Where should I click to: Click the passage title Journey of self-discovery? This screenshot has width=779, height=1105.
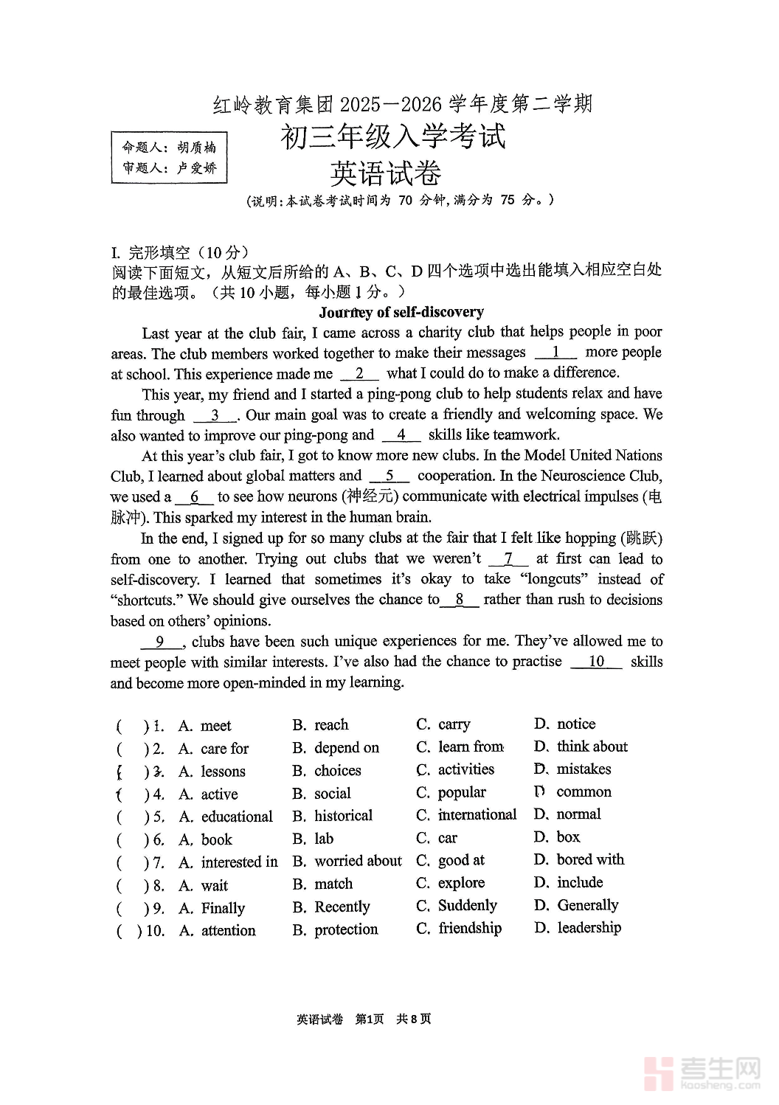click(x=401, y=312)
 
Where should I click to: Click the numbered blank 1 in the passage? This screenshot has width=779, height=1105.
click(x=555, y=353)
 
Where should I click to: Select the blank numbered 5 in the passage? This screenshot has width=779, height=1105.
click(x=389, y=477)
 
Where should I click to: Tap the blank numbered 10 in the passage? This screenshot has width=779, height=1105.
click(x=596, y=662)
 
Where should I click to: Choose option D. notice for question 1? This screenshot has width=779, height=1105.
click(x=565, y=724)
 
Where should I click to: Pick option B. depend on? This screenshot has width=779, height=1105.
click(x=336, y=748)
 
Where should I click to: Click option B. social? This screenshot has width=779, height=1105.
click(x=322, y=794)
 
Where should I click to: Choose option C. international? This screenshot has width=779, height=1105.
click(x=466, y=815)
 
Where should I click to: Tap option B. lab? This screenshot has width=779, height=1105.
click(x=314, y=839)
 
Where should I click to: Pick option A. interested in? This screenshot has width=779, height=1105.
click(x=229, y=862)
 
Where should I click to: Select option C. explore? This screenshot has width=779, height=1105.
click(x=451, y=883)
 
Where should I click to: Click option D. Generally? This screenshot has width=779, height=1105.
click(x=577, y=905)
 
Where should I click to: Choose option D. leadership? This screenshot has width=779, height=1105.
click(x=578, y=928)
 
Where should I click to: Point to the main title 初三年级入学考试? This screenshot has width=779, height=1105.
click(x=392, y=137)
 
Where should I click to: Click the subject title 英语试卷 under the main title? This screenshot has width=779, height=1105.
click(x=385, y=174)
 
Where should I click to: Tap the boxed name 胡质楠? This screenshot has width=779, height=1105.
click(x=196, y=148)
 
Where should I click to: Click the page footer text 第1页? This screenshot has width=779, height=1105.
click(x=370, y=1019)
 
